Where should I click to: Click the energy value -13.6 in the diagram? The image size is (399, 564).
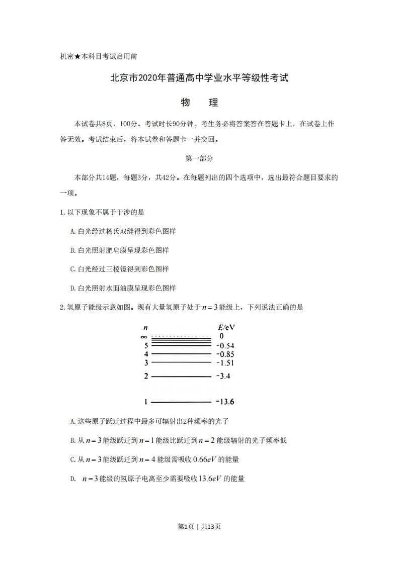pos(225,402)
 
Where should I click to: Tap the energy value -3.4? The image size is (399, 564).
pos(223,376)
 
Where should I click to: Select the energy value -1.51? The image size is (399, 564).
pos(225,362)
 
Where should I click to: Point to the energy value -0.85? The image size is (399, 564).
pos(225,354)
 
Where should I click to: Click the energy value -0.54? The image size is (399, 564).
pos(225,346)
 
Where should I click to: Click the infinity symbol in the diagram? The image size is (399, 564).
pos(144,336)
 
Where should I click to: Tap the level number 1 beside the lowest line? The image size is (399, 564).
pos(146,402)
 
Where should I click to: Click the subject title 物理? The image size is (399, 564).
pos(199,103)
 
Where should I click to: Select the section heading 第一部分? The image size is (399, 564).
pos(199,158)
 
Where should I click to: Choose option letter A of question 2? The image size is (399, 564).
pos(73,421)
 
